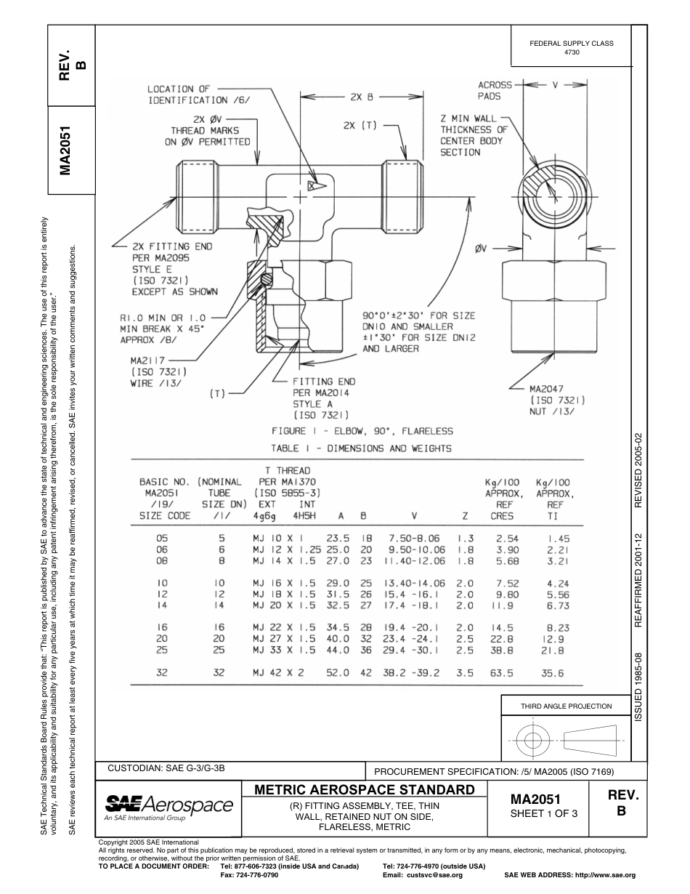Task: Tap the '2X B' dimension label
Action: tap(361, 96)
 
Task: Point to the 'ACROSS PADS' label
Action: tap(495, 90)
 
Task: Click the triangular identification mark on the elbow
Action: tap(313, 186)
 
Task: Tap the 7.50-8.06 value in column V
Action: tap(414, 538)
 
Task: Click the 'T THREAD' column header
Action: tap(288, 471)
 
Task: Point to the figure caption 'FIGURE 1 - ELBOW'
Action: tap(362, 431)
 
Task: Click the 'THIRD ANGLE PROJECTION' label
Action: tap(566, 706)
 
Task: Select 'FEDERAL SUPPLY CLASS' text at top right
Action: tap(572, 44)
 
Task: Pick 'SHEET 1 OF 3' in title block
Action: tap(544, 813)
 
